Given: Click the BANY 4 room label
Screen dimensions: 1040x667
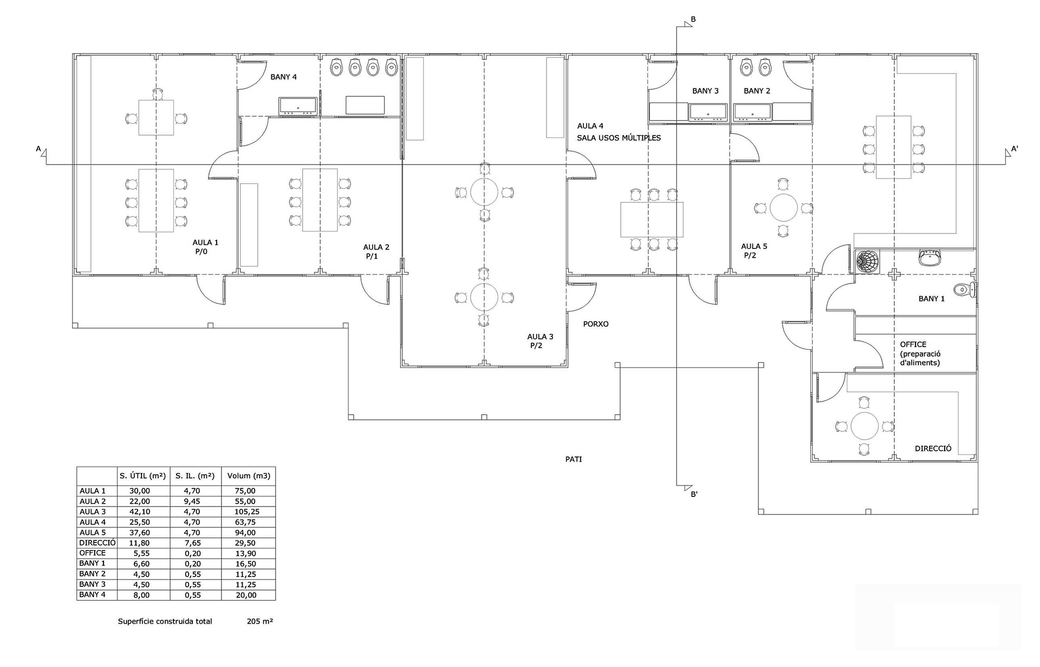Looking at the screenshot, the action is point(283,77).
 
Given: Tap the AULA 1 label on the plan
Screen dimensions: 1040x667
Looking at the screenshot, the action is point(205,243).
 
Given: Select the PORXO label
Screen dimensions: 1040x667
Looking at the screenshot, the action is point(595,324).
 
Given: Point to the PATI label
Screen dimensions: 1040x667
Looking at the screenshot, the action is point(573,459).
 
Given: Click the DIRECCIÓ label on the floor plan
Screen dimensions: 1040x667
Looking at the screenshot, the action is point(933,448).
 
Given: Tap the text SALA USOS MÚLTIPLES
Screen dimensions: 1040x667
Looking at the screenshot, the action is point(619,138).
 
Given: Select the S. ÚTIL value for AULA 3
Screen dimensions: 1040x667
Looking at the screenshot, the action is point(140,512).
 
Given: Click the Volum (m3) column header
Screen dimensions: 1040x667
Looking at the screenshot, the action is point(248,476).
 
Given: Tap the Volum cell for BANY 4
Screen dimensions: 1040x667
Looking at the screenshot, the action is point(246,595).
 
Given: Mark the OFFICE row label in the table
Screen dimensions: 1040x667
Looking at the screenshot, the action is point(93,553).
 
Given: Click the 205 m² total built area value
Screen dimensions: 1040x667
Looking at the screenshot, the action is point(259,622).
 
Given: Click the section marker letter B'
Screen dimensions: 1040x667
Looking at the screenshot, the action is point(694,494).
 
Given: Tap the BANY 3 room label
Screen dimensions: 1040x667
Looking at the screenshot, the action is point(705,91).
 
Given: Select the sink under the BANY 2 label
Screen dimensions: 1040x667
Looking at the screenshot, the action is point(752,112).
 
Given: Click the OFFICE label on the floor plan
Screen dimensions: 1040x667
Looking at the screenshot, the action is point(913,344).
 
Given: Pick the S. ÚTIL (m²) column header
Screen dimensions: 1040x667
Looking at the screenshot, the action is point(142,476).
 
